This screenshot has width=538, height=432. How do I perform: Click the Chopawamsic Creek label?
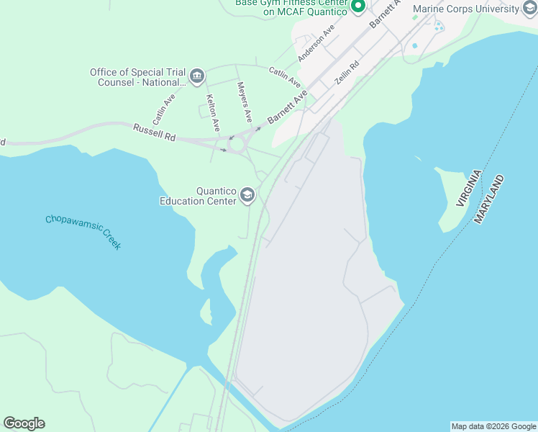tap(83, 233)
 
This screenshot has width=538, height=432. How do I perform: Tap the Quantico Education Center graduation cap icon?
tap(247, 195)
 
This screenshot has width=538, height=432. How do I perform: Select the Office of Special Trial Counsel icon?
tap(196, 76)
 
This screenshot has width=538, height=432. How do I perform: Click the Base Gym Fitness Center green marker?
tap(358, 7)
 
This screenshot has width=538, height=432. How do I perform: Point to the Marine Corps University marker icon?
tap(530, 9)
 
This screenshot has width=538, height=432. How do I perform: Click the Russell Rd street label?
tap(154, 132)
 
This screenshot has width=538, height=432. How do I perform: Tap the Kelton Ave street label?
tap(212, 112)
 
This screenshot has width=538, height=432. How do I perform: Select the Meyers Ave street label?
tap(245, 101)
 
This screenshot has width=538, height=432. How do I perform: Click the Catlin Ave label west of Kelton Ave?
tap(164, 108)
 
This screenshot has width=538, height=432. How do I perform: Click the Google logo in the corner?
tap(24, 423)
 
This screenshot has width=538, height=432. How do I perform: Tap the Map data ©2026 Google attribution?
tap(493, 426)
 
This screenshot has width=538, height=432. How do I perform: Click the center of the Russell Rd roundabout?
tap(237, 144)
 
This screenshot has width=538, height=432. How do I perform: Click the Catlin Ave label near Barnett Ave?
tap(285, 78)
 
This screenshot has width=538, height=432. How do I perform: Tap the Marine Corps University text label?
tap(466, 9)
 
